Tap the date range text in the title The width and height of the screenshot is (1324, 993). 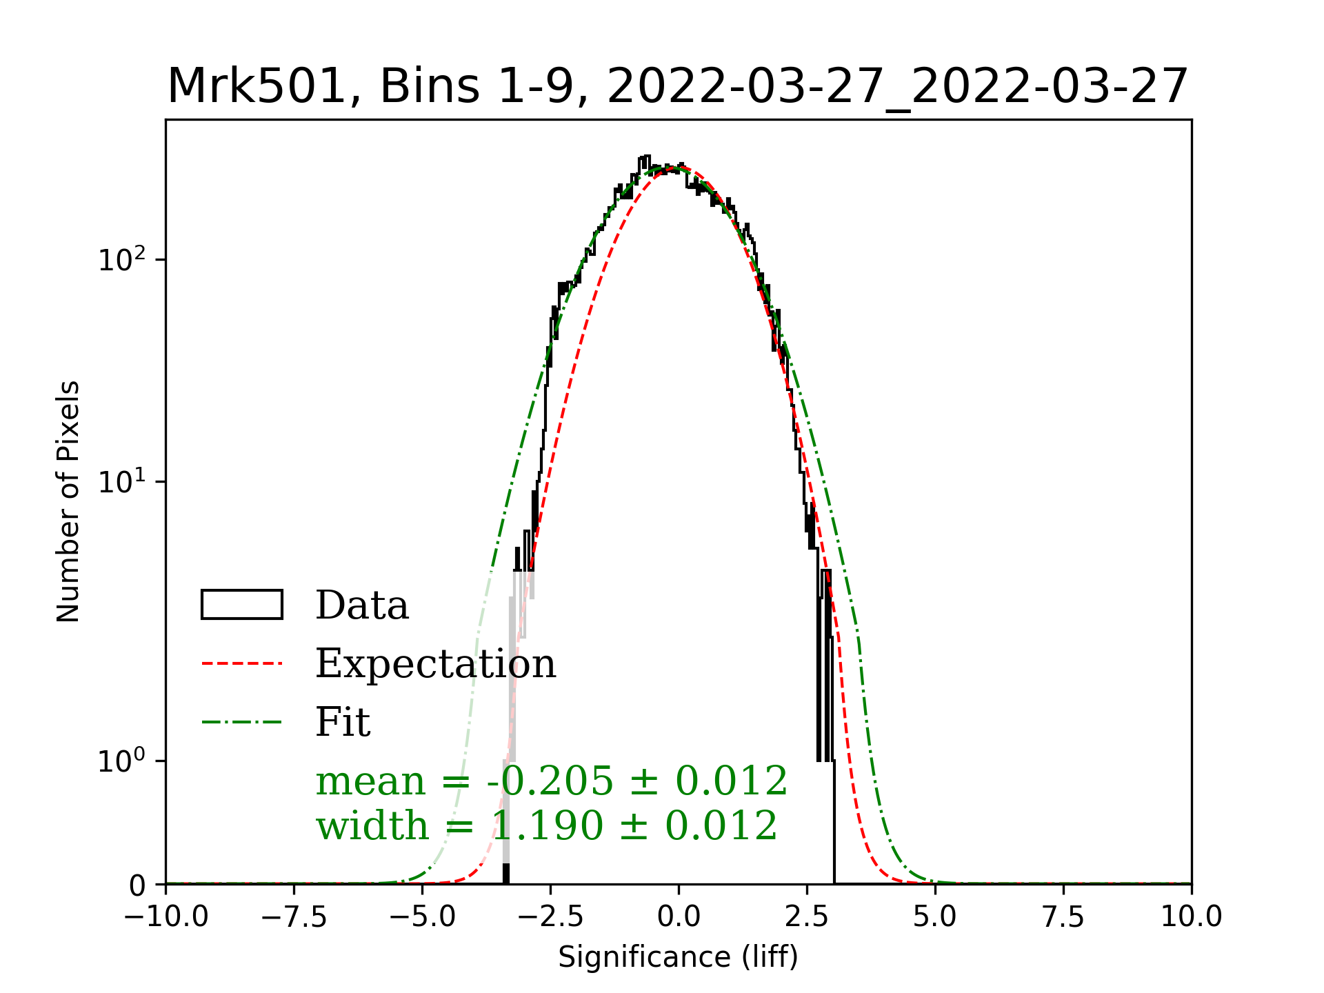897,87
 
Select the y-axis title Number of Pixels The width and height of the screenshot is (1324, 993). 68,501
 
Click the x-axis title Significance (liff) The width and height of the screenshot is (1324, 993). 678,957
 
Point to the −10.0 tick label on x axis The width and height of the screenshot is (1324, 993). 166,917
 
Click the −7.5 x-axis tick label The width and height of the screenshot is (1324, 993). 294,917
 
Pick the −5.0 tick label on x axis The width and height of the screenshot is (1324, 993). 423,917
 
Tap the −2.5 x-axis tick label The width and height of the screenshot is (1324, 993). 551,917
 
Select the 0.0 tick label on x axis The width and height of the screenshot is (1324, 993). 679,917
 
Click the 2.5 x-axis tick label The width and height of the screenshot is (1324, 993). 807,917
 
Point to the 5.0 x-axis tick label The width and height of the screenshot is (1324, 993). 935,917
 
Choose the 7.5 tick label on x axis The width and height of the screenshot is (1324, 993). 1063,917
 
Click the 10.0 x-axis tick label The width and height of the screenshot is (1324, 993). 1192,917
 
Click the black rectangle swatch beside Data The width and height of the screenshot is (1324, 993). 242,605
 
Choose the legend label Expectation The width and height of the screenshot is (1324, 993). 435,663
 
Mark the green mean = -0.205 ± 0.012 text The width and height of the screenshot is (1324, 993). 551,781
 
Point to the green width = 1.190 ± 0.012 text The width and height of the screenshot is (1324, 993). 546,825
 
